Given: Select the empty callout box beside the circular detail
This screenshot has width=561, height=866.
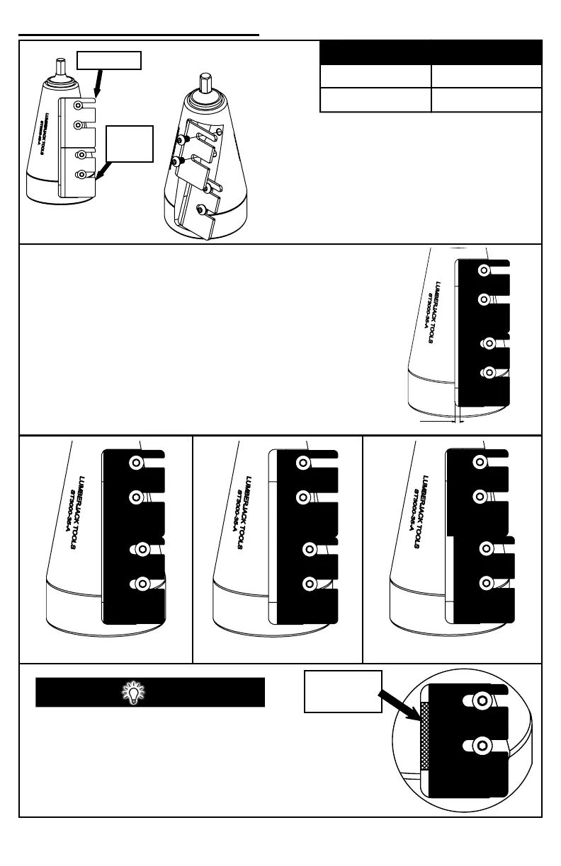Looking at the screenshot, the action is pos(344,691).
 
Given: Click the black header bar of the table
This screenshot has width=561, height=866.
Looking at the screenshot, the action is pos(431,52).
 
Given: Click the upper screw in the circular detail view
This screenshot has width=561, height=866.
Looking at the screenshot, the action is pos(483,700).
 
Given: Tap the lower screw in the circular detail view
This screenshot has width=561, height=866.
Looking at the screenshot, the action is pos(483,746).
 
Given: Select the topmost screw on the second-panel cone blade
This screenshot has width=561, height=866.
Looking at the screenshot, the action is pos(484,270).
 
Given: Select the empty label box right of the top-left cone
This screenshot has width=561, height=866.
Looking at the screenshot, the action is pos(130,144).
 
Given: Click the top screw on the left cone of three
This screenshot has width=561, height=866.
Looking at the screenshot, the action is pos(135,463).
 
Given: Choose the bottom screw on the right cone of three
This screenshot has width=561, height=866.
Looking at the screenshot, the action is pos(485,584).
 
